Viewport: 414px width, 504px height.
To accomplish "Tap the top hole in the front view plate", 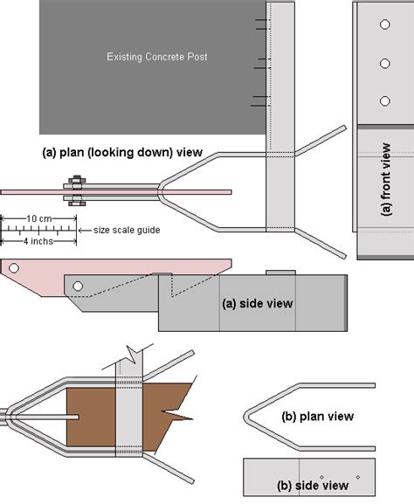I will (x=383, y=26).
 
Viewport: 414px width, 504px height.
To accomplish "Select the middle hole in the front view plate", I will (x=383, y=63).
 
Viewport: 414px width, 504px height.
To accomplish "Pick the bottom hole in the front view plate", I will (x=383, y=100).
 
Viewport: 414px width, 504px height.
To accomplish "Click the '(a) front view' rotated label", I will (x=384, y=179).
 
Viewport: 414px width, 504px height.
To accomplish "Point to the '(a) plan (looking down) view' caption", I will (x=122, y=152).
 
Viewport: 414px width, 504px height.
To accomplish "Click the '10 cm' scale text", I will (x=37, y=217).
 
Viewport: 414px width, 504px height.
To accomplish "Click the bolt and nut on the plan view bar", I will (x=73, y=190).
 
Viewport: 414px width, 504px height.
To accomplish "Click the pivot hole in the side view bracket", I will (x=78, y=286).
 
